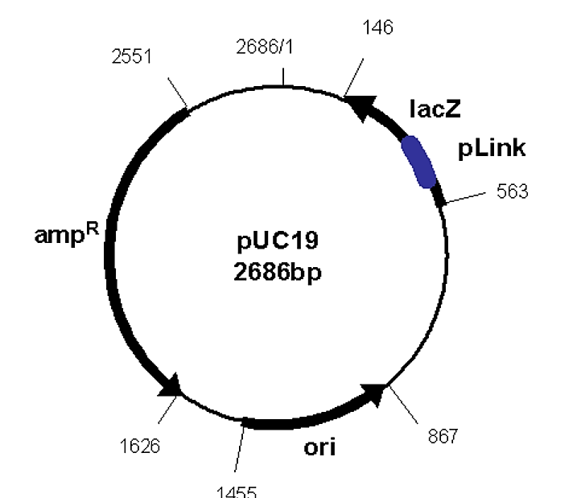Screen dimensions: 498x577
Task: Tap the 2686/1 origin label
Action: [265, 47]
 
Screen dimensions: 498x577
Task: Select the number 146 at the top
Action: [377, 28]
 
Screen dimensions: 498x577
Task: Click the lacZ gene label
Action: [435, 109]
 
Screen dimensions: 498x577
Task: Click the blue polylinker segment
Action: [418, 162]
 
